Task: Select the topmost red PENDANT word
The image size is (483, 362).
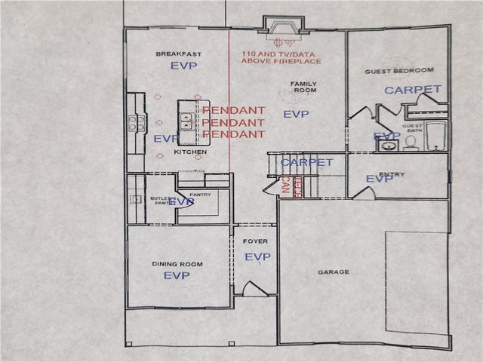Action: (233, 110)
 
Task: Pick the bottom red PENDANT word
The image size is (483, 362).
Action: (233, 134)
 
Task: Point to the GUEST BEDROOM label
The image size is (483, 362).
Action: (399, 70)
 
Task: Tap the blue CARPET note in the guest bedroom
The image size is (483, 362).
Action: (413, 89)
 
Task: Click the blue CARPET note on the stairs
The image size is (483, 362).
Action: (306, 162)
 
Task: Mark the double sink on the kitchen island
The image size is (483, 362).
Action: (186, 119)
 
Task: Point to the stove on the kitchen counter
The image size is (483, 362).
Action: (133, 122)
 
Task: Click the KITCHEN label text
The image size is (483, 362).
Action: (190, 152)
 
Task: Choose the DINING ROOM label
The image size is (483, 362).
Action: (176, 264)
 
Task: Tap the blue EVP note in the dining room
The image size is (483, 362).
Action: (177, 276)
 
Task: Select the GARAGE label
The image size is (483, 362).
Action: (333, 272)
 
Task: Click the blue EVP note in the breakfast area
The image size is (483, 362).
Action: (183, 66)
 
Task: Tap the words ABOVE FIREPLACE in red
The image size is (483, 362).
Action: (281, 61)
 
